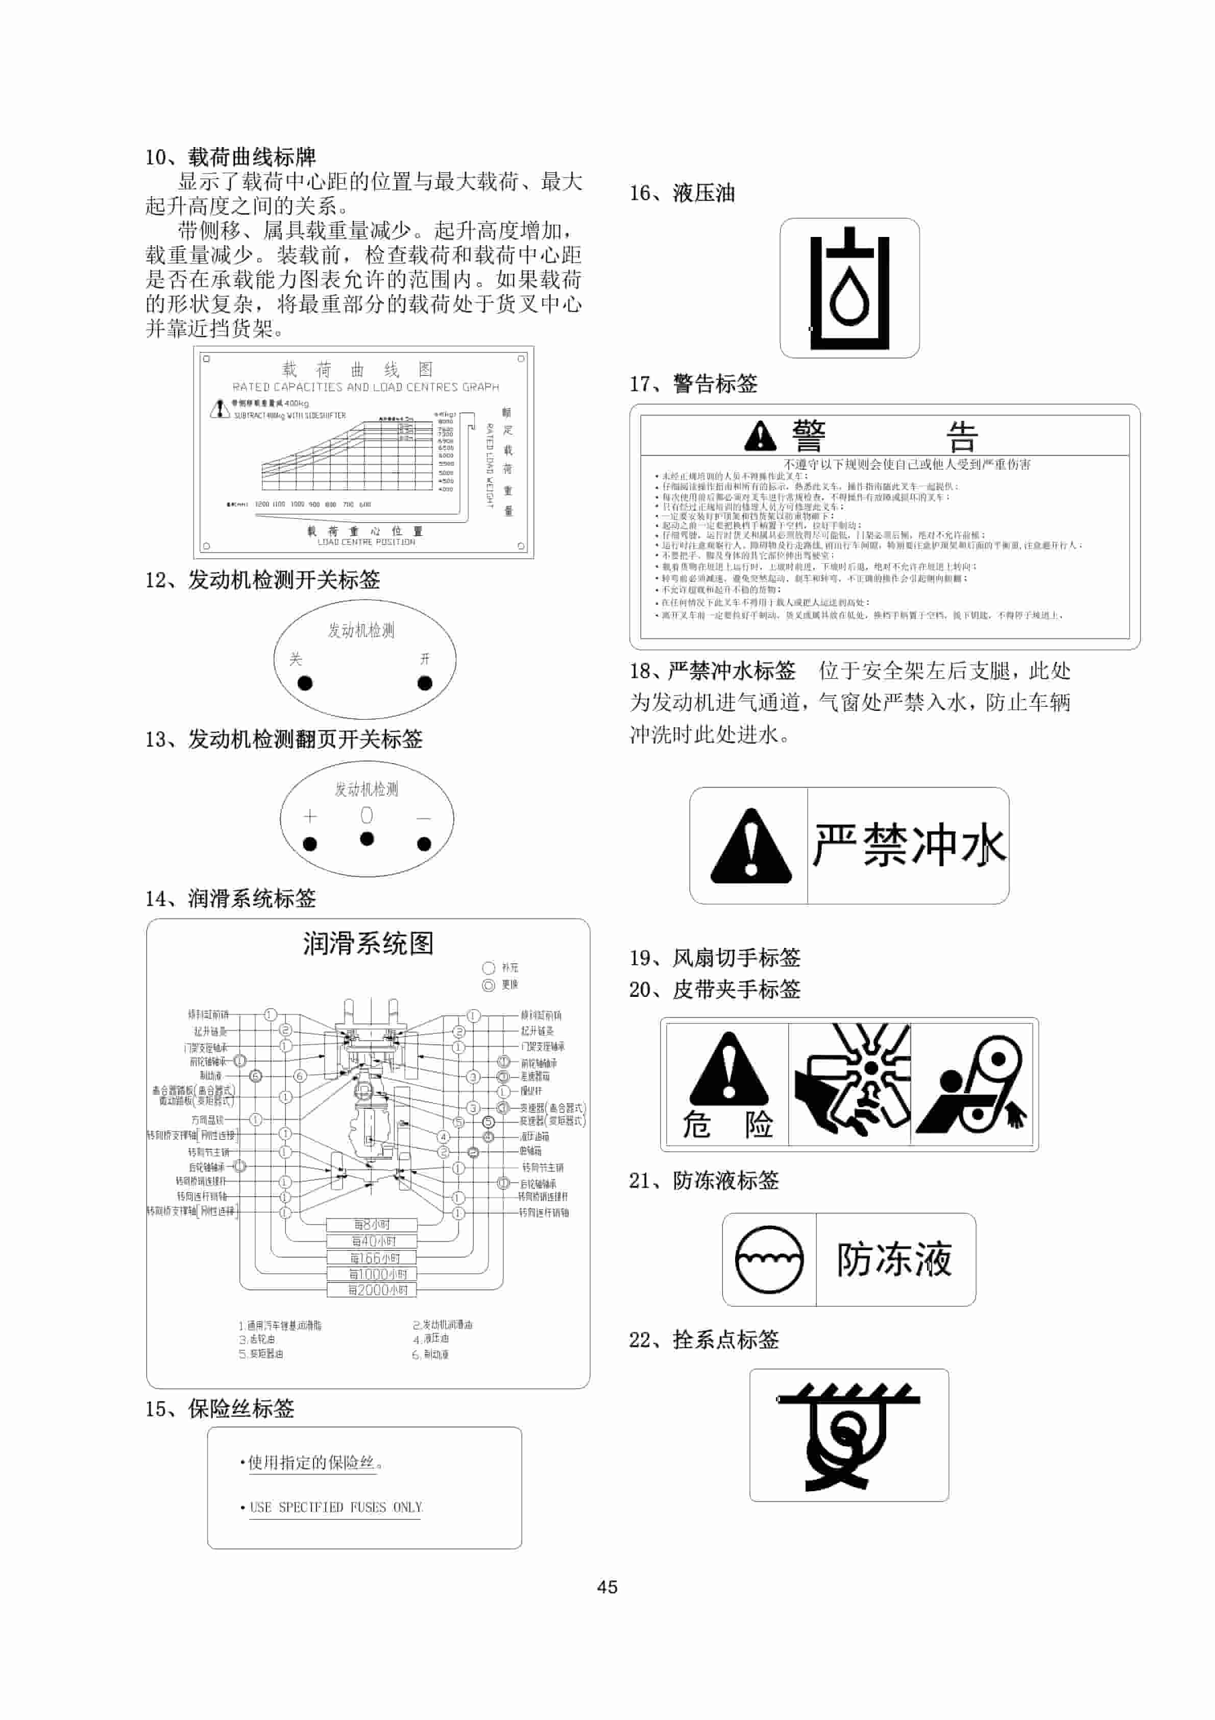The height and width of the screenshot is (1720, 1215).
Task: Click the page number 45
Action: click(607, 1587)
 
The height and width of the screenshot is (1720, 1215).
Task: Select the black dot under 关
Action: click(305, 683)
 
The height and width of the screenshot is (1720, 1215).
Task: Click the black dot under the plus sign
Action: click(309, 844)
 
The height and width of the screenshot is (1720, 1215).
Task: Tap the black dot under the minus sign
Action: click(424, 844)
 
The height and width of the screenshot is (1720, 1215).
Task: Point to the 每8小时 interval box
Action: click(372, 1224)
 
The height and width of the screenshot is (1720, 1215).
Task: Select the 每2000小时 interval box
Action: click(372, 1290)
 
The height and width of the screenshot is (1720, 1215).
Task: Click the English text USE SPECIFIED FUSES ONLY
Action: click(335, 1507)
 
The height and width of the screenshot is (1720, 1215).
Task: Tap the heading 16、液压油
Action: click(682, 193)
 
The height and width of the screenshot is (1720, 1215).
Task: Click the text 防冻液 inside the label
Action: click(894, 1259)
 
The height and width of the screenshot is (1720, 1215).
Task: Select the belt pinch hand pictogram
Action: click(973, 1084)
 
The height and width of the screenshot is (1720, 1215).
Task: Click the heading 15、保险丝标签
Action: click(220, 1408)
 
